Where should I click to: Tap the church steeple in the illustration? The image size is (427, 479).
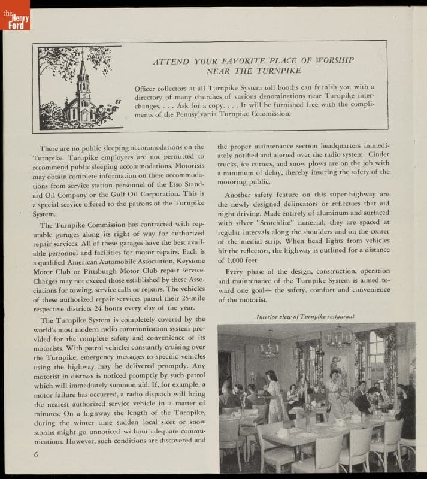pyautogui.click(x=83, y=75)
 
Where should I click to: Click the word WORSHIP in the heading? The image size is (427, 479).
pyautogui.click(x=331, y=60)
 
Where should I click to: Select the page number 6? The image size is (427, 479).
pyautogui.click(x=36, y=453)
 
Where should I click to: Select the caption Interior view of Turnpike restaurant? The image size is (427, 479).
pyautogui.click(x=305, y=316)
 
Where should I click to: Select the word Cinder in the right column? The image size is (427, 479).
pyautogui.click(x=376, y=163)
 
